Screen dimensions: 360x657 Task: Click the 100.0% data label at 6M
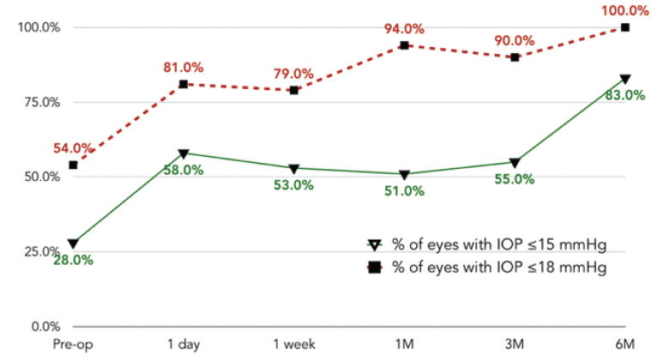pos(625,11)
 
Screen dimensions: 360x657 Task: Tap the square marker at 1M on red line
pos(404,45)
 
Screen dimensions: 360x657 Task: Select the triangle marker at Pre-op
pos(73,243)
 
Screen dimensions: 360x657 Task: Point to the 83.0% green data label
pos(624,95)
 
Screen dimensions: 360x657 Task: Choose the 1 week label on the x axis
pos(293,344)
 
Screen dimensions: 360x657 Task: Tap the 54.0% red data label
pos(73,148)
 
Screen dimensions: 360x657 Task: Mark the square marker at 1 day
pos(184,84)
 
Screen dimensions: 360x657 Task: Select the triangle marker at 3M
pos(515,162)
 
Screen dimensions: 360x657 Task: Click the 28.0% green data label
pos(73,261)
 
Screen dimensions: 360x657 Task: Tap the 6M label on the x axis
pos(625,344)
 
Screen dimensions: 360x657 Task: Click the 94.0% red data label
pos(404,28)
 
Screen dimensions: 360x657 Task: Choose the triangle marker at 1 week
pos(293,168)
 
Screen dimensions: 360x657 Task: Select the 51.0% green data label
pos(404,191)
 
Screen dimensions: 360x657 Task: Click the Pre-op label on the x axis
pos(73,344)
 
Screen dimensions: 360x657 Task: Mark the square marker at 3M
pos(515,57)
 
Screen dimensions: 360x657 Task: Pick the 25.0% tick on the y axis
pos(39,252)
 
